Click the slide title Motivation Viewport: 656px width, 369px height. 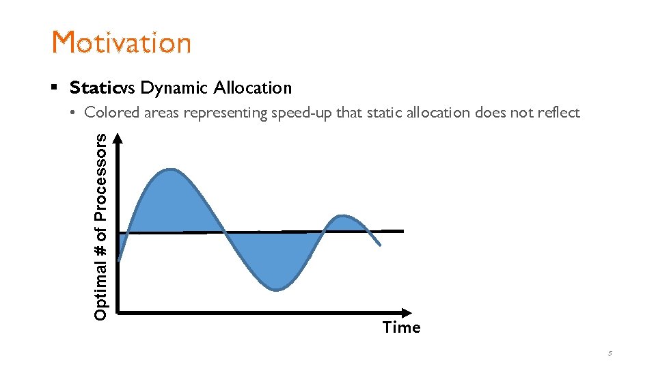[122, 42]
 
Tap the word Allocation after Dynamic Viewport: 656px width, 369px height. [252, 87]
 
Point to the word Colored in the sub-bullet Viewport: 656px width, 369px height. [112, 113]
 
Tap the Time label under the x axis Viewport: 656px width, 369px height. [402, 327]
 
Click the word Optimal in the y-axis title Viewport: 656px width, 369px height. [100, 290]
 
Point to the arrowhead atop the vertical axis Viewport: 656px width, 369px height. [119, 138]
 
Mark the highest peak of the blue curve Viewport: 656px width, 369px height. [170, 169]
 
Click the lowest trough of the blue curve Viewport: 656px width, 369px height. [275, 290]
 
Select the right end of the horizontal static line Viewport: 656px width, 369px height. [402, 231]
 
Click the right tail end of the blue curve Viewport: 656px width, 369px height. [380, 245]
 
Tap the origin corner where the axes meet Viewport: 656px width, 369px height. [120, 312]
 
